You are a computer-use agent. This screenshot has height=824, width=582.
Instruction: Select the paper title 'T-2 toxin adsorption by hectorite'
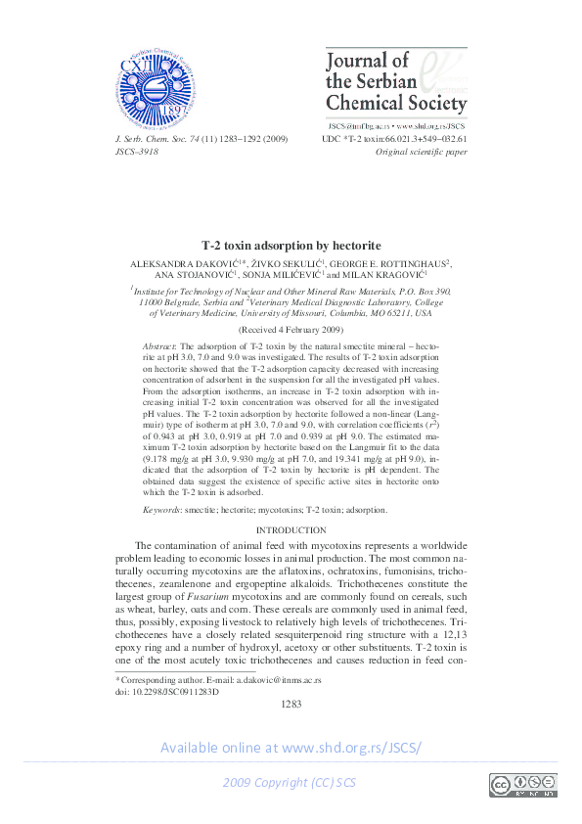(x=291, y=245)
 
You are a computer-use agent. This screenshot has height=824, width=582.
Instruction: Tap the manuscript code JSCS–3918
(x=137, y=153)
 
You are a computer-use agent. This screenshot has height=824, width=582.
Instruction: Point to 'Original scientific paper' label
(x=422, y=153)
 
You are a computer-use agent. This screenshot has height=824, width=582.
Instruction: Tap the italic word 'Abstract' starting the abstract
(x=158, y=347)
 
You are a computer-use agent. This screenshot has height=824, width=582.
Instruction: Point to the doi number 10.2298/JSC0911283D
(x=168, y=691)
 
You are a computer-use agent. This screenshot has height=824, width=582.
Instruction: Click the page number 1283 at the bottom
(x=291, y=705)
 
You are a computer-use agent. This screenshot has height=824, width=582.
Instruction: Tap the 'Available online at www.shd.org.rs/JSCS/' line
(x=291, y=748)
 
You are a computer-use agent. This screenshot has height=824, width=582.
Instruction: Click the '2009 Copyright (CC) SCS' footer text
(x=290, y=784)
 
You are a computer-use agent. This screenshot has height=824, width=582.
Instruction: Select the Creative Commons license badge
(x=522, y=785)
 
